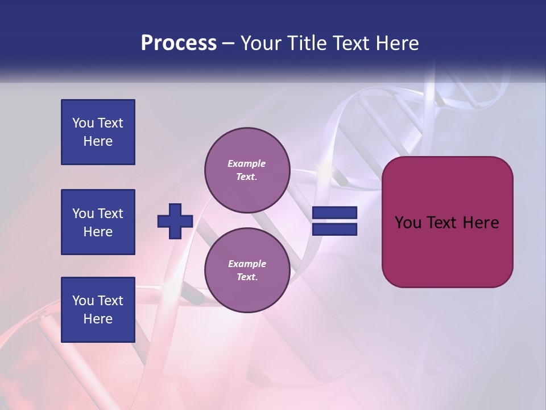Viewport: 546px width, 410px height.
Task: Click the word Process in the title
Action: pos(179,43)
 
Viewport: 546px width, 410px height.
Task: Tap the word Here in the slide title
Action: pos(396,43)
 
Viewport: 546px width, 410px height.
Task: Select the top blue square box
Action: pos(98,132)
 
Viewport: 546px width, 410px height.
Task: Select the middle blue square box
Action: pos(98,222)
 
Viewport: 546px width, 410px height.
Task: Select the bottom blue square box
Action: pos(98,310)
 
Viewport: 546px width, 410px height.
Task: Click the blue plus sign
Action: pos(175,221)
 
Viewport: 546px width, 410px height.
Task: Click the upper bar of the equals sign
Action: pos(335,212)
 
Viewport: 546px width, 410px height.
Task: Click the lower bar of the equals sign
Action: pos(335,229)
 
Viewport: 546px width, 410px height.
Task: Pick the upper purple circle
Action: pos(247,170)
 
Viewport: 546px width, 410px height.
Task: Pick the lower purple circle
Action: pos(247,270)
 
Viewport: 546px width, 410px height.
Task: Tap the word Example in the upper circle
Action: pos(247,163)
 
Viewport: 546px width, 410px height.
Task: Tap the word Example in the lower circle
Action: pos(247,264)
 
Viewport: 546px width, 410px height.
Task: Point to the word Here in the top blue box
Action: pos(98,141)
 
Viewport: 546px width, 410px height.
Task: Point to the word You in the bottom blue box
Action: pos(83,301)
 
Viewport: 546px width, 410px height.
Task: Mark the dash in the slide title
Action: pos(228,44)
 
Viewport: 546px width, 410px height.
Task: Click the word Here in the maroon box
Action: pos(481,223)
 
